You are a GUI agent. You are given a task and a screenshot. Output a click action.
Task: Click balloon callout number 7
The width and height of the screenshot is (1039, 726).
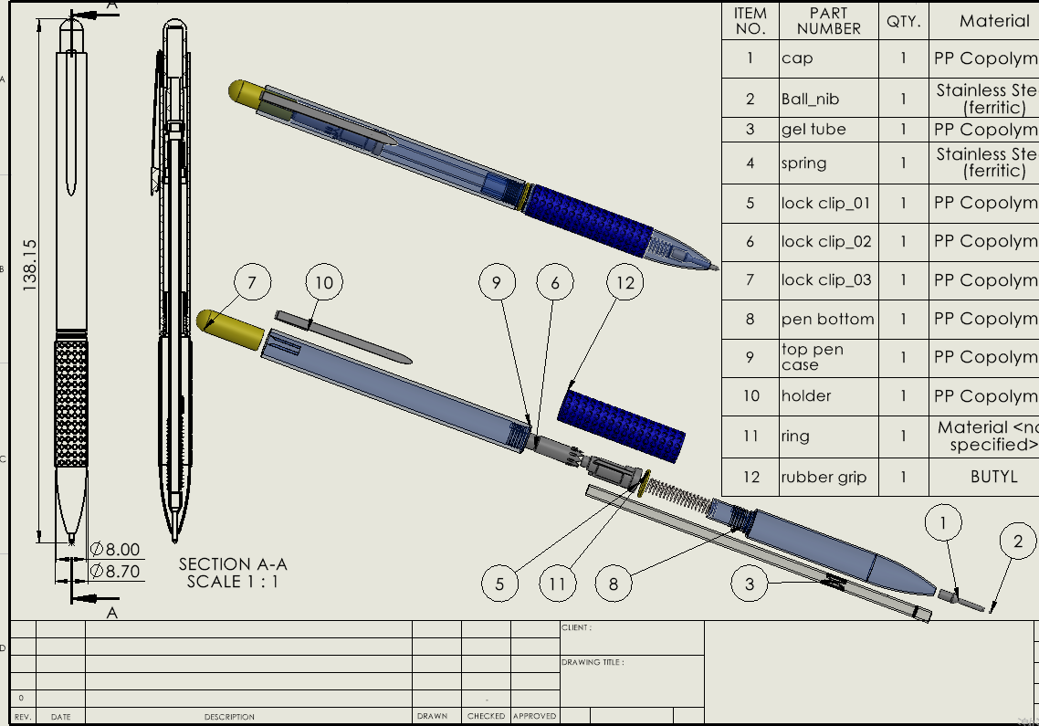pos(253,283)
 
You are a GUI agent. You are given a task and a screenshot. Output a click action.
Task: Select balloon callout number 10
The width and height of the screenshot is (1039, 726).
pos(324,283)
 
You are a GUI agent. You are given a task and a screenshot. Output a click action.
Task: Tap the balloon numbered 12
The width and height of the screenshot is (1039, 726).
pos(624,283)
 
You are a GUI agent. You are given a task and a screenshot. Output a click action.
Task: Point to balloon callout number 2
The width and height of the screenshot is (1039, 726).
pos(1019,542)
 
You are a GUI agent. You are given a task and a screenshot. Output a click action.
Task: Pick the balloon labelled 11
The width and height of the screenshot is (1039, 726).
pos(558,584)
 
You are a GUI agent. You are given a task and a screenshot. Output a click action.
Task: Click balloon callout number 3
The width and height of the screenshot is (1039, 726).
pos(750,584)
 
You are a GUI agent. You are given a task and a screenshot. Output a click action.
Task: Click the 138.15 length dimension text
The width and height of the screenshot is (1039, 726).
pos(29,265)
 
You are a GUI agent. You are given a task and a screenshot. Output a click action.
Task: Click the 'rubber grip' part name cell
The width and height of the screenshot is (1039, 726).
pos(824,477)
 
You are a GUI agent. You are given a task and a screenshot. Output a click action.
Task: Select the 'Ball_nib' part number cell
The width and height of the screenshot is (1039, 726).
pos(810,99)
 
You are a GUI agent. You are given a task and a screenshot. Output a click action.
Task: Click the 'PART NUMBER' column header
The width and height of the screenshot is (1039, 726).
pos(828,21)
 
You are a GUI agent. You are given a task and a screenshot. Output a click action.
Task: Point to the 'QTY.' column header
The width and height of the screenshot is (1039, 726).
pos(904,21)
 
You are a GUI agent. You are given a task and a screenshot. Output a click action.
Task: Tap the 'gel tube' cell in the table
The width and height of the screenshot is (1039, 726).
pos(813,130)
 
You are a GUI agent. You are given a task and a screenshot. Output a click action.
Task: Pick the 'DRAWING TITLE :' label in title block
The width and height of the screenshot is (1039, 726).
pos(593,662)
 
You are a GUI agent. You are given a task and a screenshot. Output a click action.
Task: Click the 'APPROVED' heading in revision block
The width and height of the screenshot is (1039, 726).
pos(534,717)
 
